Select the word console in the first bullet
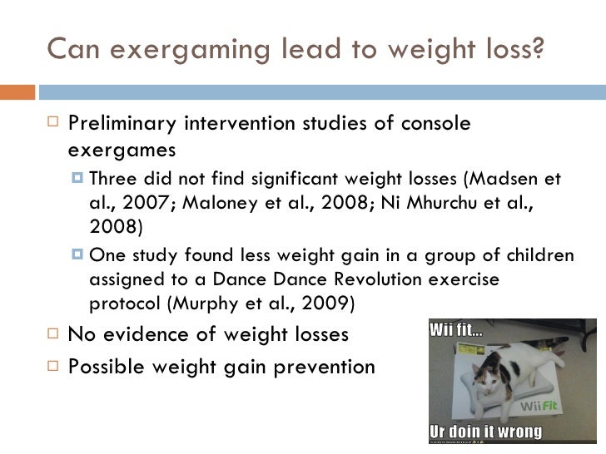(437, 125)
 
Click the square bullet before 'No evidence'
(54, 335)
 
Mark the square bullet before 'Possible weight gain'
(54, 367)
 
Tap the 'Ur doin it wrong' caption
(485, 432)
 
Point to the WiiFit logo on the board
(539, 407)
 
